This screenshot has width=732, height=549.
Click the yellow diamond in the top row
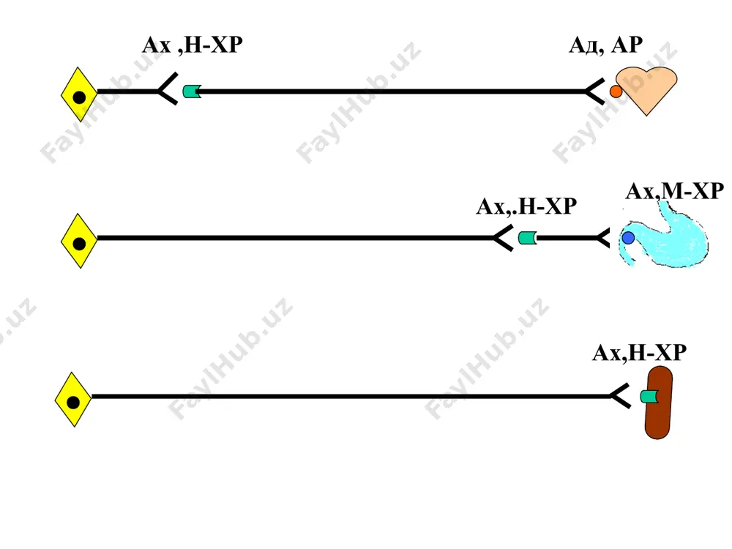tap(79, 94)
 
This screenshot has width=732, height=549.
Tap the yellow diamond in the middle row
tap(79, 241)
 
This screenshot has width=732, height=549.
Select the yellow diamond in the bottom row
tap(73, 400)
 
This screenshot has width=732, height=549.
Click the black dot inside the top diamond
tap(79, 97)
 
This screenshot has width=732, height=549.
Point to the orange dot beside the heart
tap(616, 91)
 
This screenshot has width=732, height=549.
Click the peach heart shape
tap(646, 89)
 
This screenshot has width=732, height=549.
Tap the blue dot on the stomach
tap(628, 238)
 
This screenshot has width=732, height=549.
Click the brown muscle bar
tap(658, 403)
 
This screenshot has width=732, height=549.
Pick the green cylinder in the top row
tap(192, 91)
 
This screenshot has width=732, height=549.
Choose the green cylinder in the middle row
tap(528, 238)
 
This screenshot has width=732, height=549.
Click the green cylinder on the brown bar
tap(649, 397)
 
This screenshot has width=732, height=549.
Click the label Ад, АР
tap(605, 45)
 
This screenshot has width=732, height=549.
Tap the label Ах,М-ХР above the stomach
tap(675, 191)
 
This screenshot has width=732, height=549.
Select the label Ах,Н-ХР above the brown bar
tap(639, 353)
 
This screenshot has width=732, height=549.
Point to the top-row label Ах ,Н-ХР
tap(193, 45)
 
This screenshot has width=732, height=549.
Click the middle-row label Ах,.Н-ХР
tap(526, 206)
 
